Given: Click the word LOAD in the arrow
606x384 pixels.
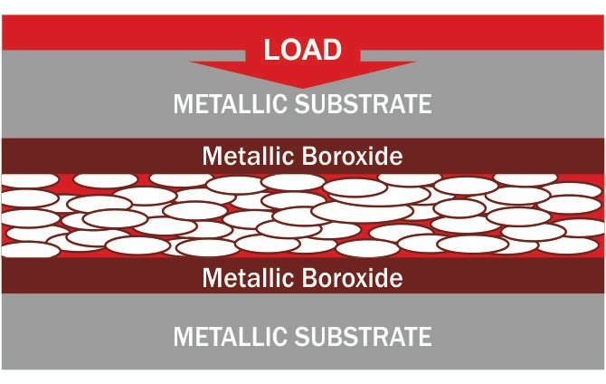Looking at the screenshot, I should [x=303, y=50].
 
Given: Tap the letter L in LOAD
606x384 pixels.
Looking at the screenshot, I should [x=270, y=50].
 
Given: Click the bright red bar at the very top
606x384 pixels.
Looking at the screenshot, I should [x=90, y=32].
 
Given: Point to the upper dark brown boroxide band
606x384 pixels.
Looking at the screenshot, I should [x=90, y=155].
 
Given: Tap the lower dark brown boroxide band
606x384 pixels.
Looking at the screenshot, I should [x=90, y=276].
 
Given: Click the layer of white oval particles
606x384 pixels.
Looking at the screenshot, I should [x=303, y=216].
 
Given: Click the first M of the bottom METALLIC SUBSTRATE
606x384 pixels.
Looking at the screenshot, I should [x=182, y=337].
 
